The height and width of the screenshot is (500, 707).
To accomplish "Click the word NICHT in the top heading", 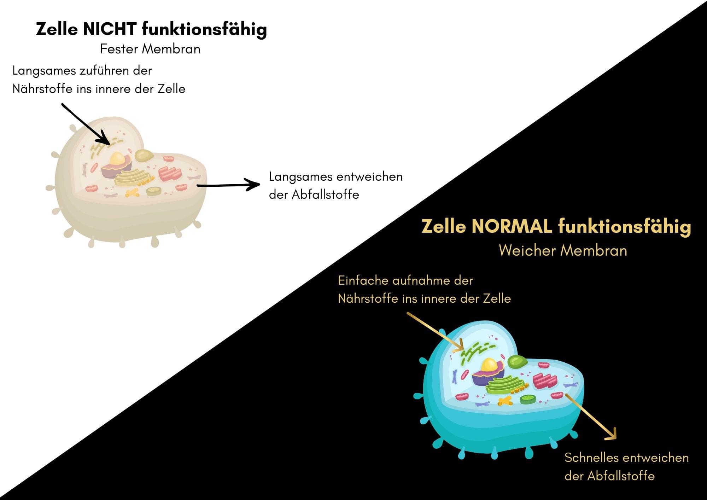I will coord(110,29).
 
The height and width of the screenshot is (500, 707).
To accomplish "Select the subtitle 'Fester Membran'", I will coord(150,49).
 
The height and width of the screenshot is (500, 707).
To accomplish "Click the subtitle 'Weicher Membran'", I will coord(563,251).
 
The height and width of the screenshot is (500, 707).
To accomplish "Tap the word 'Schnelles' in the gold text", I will coord(588,458).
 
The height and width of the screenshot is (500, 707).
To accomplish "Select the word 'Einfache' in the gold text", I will coord(363,281).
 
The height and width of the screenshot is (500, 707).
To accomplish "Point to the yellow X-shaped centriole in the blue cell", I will coord(505,401).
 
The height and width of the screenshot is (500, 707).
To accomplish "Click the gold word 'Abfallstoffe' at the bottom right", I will coord(621,476).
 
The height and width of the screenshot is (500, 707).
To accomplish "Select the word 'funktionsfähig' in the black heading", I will coord(204,29).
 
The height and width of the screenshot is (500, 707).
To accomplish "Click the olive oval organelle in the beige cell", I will coord(144,155).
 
